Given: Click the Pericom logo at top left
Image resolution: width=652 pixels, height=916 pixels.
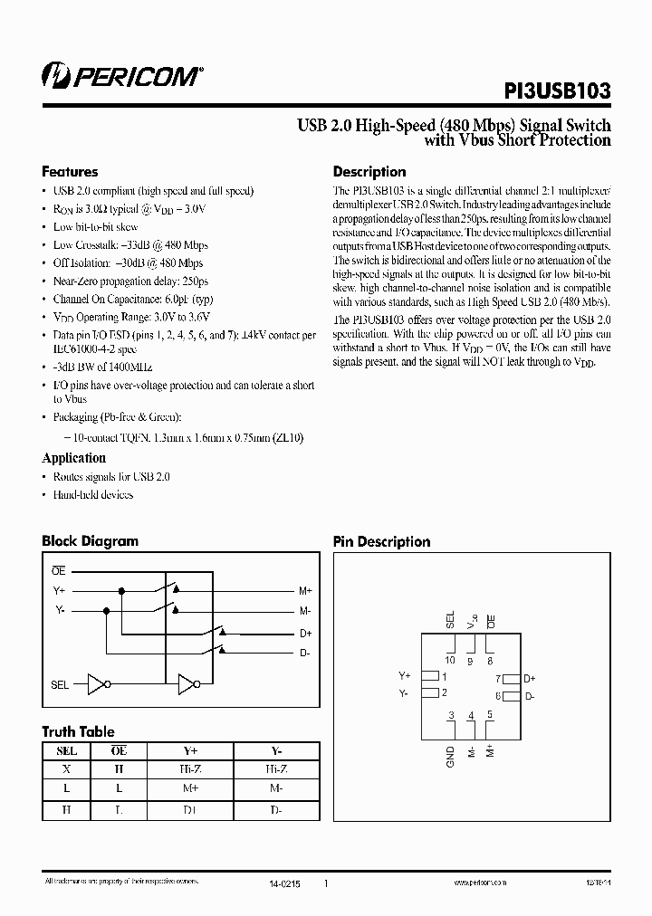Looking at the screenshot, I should (x=121, y=77).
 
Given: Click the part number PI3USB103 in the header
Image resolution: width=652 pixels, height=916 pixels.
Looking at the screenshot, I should (x=557, y=91).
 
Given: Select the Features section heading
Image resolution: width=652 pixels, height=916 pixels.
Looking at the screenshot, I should (x=70, y=172).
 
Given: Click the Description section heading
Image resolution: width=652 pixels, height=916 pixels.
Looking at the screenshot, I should (x=369, y=172).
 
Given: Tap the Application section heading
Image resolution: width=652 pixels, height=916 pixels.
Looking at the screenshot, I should (x=73, y=458).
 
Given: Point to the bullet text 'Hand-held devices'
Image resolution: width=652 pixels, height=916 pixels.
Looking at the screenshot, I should (x=93, y=495).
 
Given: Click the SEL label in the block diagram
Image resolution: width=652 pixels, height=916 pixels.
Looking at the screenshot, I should (x=60, y=685).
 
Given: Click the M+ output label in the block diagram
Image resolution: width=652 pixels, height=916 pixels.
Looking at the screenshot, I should (x=305, y=590).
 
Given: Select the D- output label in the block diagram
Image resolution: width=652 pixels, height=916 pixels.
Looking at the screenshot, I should (x=304, y=653).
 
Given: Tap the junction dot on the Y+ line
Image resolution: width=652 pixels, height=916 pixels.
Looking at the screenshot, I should (x=122, y=590).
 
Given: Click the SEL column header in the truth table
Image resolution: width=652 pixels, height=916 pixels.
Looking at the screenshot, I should (x=66, y=751).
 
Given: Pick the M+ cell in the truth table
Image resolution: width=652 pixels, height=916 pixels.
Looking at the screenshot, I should (x=191, y=789).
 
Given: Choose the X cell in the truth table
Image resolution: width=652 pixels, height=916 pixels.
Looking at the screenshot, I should (x=66, y=770).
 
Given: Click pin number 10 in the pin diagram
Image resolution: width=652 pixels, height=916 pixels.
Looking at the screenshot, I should (x=450, y=660).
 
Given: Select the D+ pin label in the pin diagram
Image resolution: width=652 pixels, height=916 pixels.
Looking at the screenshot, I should (x=530, y=678).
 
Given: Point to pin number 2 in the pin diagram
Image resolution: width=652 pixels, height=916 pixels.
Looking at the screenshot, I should (x=445, y=694).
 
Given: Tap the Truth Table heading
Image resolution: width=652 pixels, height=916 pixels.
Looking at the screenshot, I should (x=78, y=731).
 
